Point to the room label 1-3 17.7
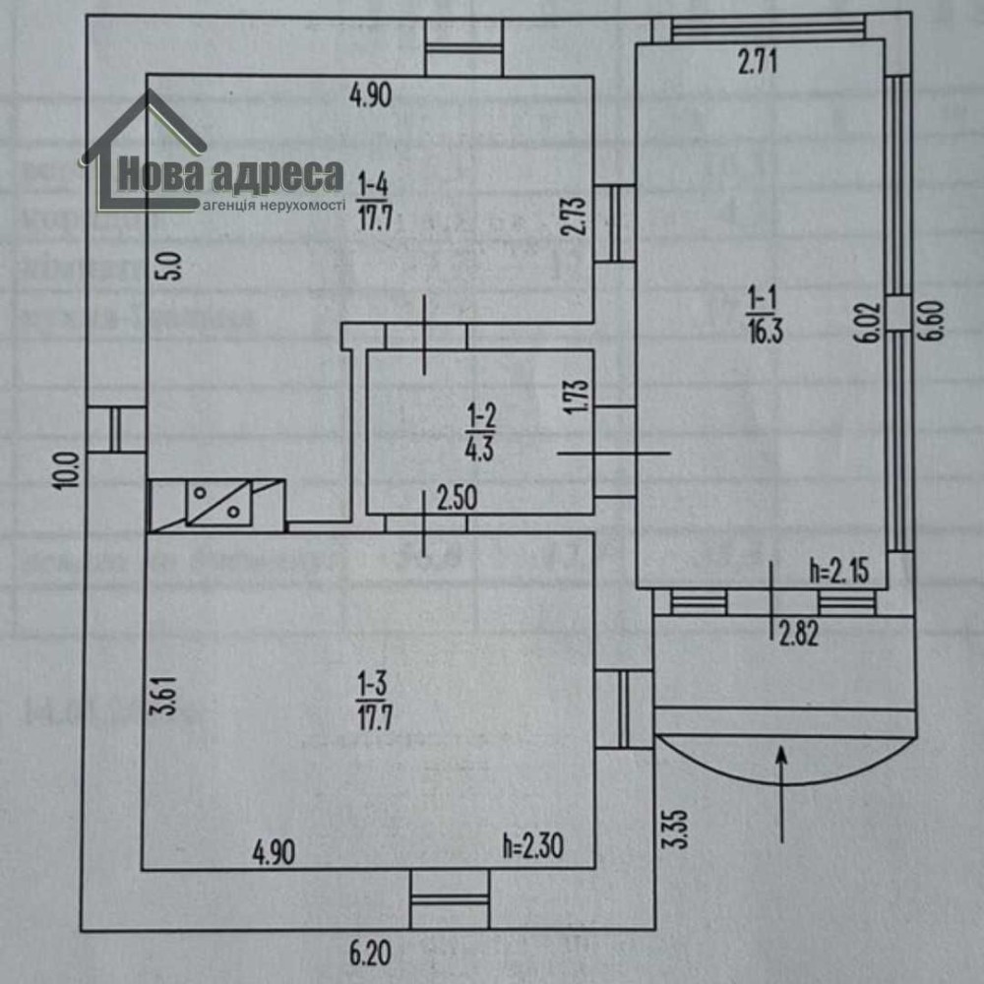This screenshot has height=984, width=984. click(376, 699)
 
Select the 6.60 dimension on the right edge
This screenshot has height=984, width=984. click(935, 321)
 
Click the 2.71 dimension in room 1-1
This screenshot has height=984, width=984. click(758, 66)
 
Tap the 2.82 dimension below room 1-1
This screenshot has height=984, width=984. click(798, 635)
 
